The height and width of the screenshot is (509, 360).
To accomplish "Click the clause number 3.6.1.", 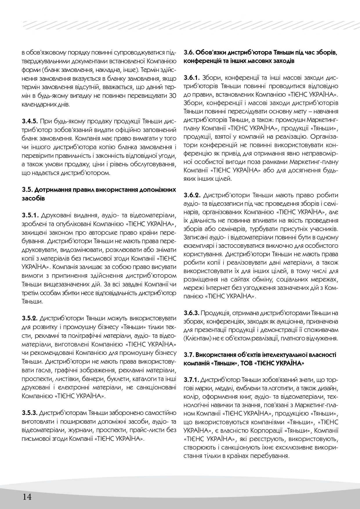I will pos(192,78).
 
